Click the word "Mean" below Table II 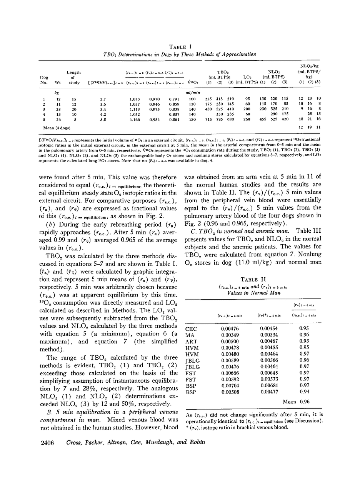(x=289, y=402)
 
